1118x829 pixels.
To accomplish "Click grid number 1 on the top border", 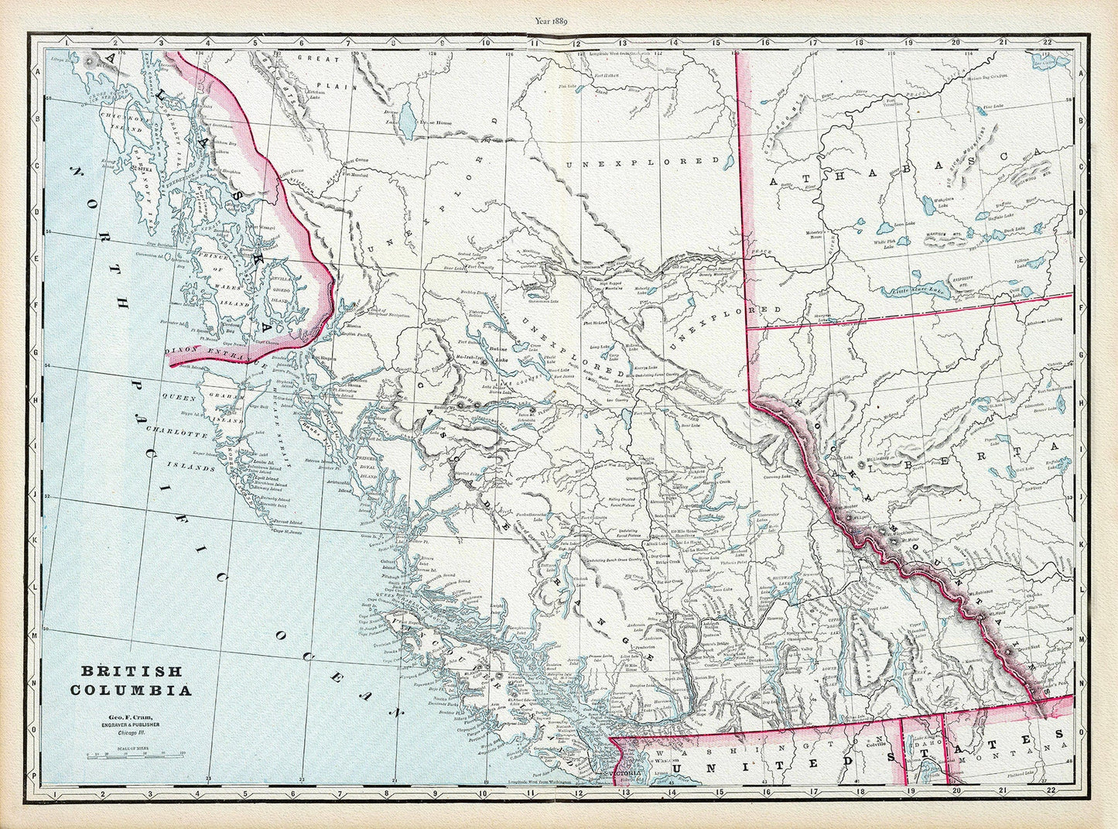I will coord(67,41).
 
